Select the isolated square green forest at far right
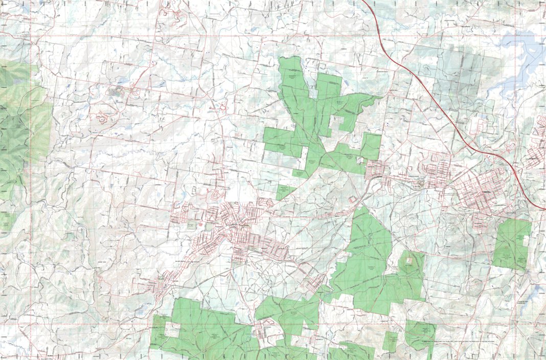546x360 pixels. tap(512, 243)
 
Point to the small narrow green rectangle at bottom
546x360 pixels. tap(391, 341)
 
